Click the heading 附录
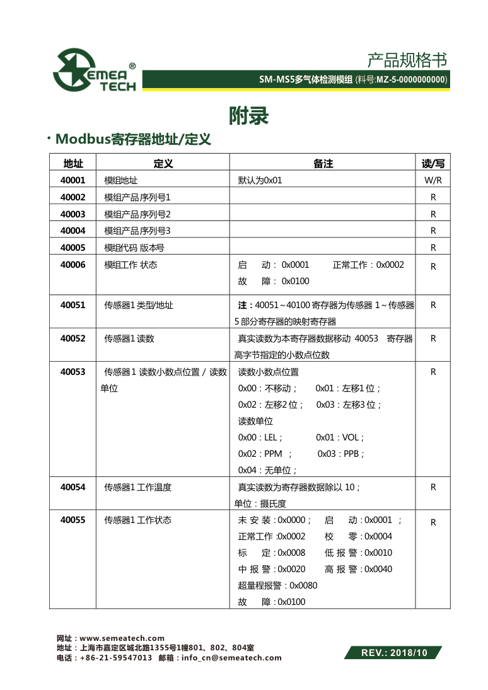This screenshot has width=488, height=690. point(249,116)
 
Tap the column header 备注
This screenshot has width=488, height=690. point(323,164)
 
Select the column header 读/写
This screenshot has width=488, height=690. point(433,164)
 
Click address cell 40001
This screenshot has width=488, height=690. point(73,180)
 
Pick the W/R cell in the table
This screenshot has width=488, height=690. point(433,180)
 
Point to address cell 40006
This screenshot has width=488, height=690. point(73,265)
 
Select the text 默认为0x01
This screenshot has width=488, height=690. point(260,180)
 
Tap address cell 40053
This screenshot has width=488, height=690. point(73,372)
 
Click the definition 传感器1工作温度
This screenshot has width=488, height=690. point(137,487)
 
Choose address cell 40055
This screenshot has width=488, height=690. point(73,520)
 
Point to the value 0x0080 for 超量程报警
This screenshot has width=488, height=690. point(303,585)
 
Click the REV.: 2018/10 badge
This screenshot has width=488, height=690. point(393,653)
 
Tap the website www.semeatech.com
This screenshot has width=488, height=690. point(122,638)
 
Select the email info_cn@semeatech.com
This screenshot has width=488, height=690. point(231,658)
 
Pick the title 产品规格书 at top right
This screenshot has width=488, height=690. point(407,60)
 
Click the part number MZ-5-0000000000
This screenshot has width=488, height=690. point(411,80)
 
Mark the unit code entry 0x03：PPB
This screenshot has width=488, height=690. point(341,454)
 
